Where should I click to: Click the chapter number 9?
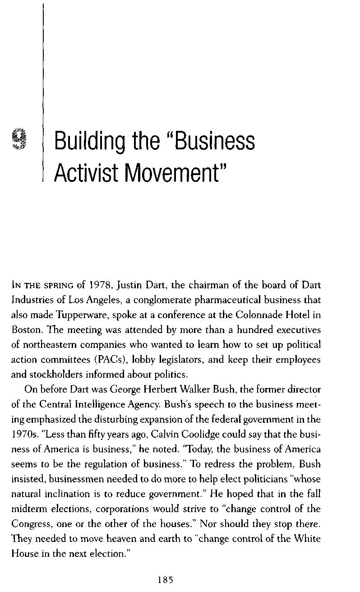pos(20,139)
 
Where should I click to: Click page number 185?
pos(166,580)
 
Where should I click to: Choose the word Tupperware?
pos(65,315)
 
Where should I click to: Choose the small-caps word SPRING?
pos(57,286)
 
